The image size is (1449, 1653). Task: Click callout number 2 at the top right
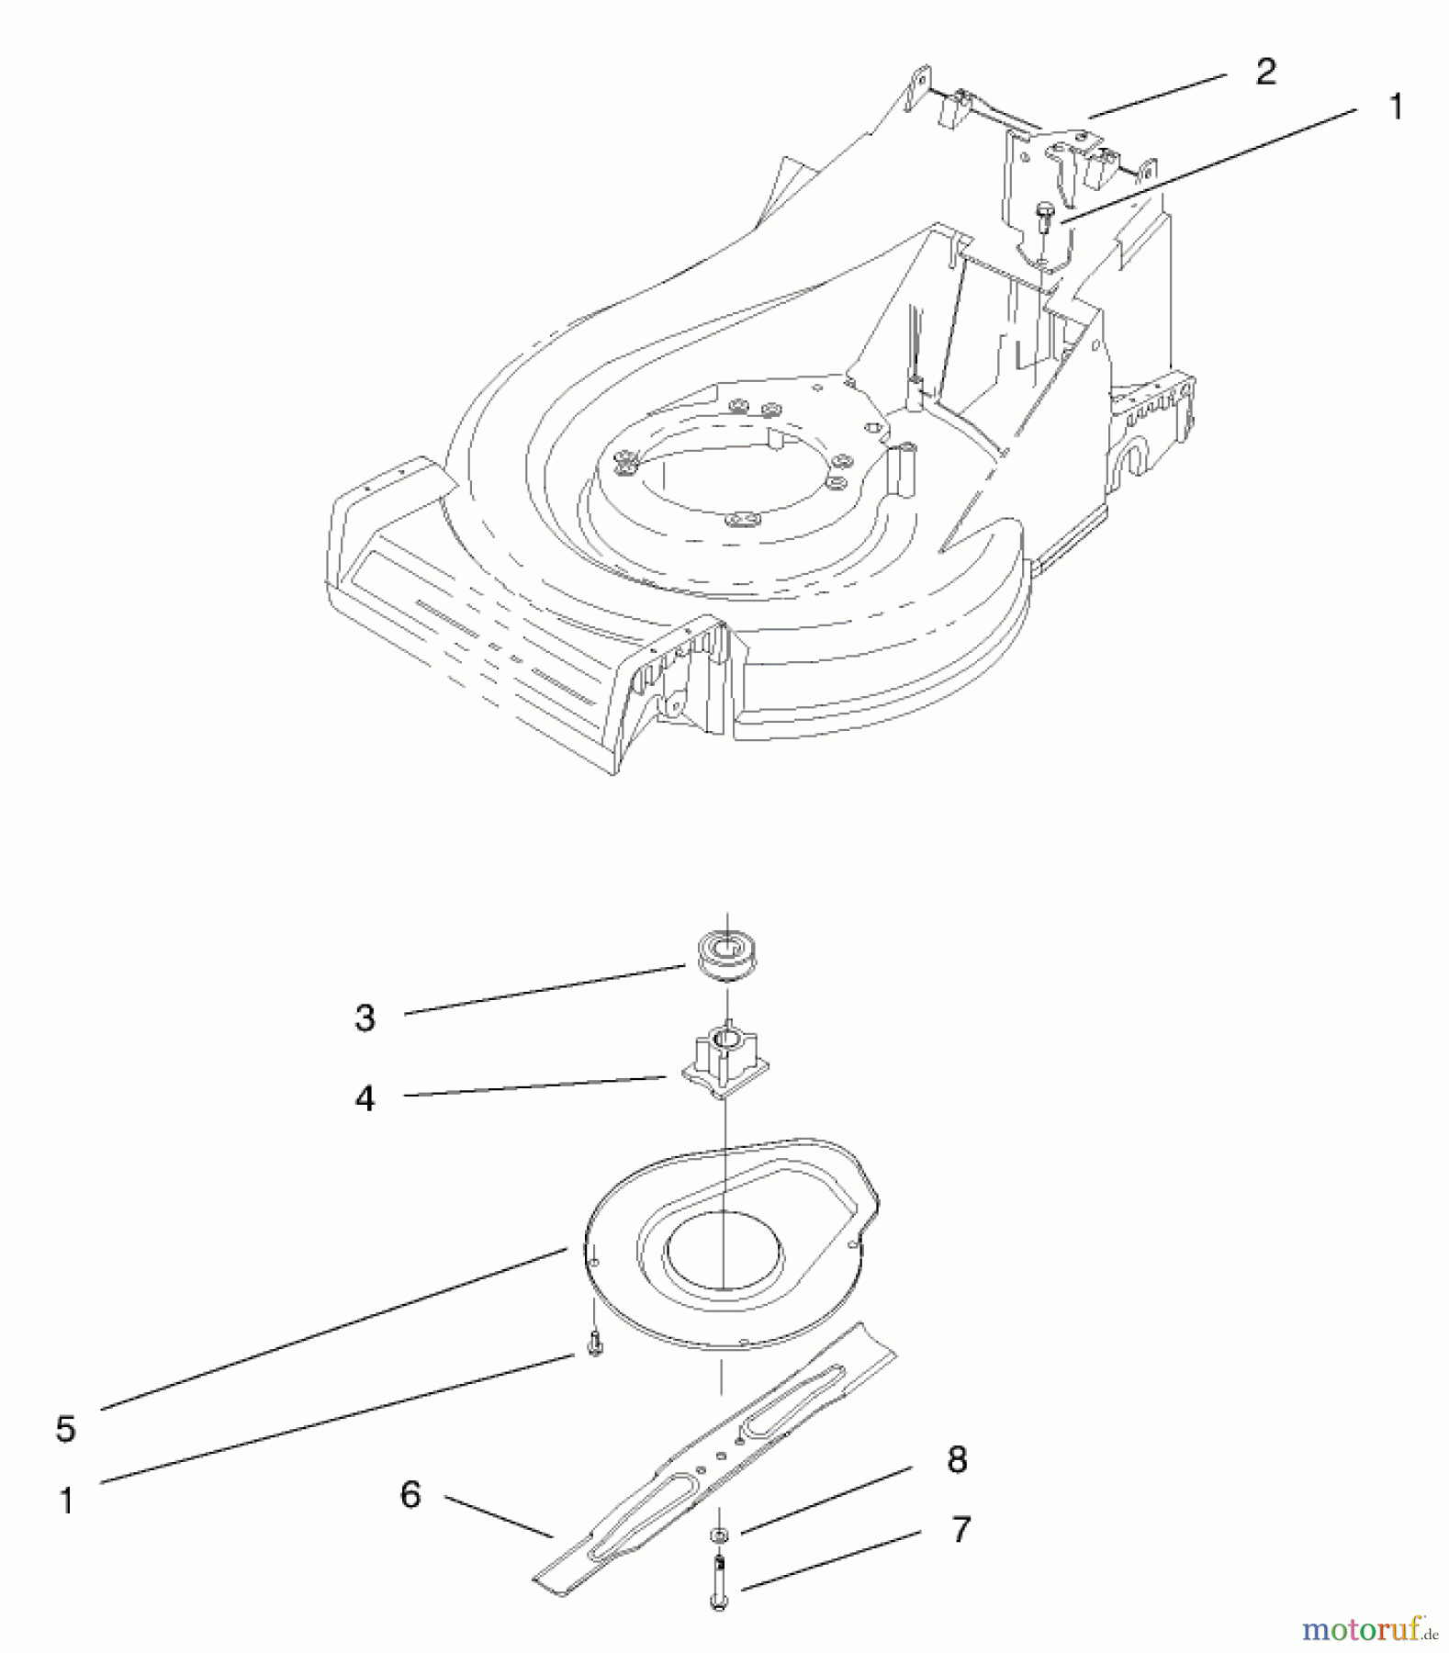pyautogui.click(x=1265, y=72)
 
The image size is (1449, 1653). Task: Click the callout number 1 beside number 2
pyautogui.click(x=1396, y=107)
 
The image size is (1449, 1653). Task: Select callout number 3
pyautogui.click(x=365, y=1018)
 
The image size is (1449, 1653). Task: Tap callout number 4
pyautogui.click(x=365, y=1098)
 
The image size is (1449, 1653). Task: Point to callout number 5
pyautogui.click(x=65, y=1428)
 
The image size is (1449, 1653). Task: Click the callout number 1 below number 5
pyautogui.click(x=65, y=1501)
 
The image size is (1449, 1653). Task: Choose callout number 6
pyautogui.click(x=410, y=1494)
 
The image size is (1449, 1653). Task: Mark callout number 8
pyautogui.click(x=957, y=1459)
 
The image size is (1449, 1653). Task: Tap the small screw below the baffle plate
pyautogui.click(x=595, y=1344)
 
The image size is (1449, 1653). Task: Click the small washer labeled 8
pyautogui.click(x=719, y=1535)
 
